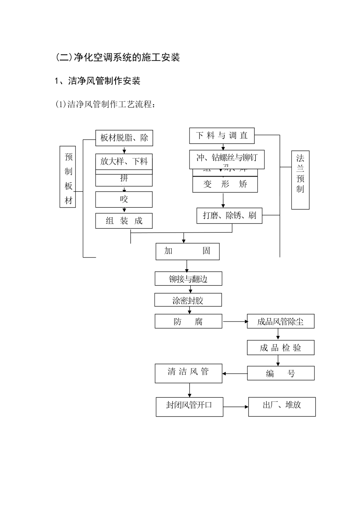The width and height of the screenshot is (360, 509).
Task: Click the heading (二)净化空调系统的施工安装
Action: pos(117,58)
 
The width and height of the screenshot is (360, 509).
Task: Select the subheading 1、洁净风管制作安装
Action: pos(98,81)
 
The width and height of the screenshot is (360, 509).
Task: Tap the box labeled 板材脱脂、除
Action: pos(124,138)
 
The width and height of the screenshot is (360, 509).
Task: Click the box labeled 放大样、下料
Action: pos(124,162)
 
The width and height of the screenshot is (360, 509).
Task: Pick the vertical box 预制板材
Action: pos(68,177)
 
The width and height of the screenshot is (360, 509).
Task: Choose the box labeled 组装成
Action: pos(124,221)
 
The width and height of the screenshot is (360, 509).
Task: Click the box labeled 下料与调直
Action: pos(222,136)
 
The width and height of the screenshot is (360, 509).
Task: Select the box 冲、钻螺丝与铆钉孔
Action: pos(227,158)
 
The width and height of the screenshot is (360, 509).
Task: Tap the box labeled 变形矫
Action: pos(225,184)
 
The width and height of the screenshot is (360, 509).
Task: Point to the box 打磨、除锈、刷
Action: pos(229,215)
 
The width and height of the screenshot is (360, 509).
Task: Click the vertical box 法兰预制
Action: pos(300,180)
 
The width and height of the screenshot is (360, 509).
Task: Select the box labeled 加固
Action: pos(187,251)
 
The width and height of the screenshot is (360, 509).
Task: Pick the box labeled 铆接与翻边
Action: pos(188,279)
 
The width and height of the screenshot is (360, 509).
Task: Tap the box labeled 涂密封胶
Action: pos(188,300)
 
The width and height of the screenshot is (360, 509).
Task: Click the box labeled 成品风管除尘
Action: pos(280,322)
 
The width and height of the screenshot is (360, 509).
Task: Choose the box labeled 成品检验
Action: pos(280,348)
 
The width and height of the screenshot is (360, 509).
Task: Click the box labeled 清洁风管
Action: pos(188,373)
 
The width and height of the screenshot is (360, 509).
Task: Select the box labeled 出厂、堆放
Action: pos(282,407)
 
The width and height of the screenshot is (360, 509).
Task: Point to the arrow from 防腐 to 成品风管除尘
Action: pos(235,322)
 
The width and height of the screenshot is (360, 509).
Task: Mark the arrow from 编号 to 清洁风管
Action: pos(235,374)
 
